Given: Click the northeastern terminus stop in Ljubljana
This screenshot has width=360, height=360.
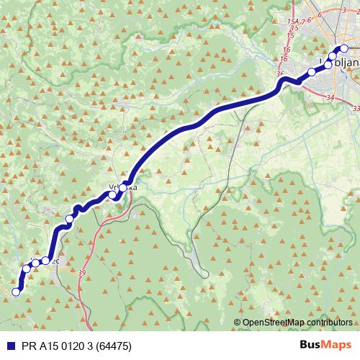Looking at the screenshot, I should tap(343, 49).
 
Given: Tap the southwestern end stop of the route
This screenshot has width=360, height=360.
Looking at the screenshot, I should tap(16, 292).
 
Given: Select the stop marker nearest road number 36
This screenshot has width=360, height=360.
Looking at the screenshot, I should tap(312, 71).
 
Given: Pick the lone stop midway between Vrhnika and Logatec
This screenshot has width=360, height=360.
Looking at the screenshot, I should tap(70, 219).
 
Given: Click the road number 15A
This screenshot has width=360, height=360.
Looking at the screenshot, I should tap(292, 23).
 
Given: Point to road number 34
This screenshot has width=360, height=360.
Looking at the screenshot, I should tap(330, 96).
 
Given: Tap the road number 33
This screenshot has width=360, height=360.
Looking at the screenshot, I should tap(356, 107).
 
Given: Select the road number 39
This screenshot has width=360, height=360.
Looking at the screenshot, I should tap(81, 273).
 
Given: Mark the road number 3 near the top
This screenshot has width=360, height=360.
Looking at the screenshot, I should tap(325, 9).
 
